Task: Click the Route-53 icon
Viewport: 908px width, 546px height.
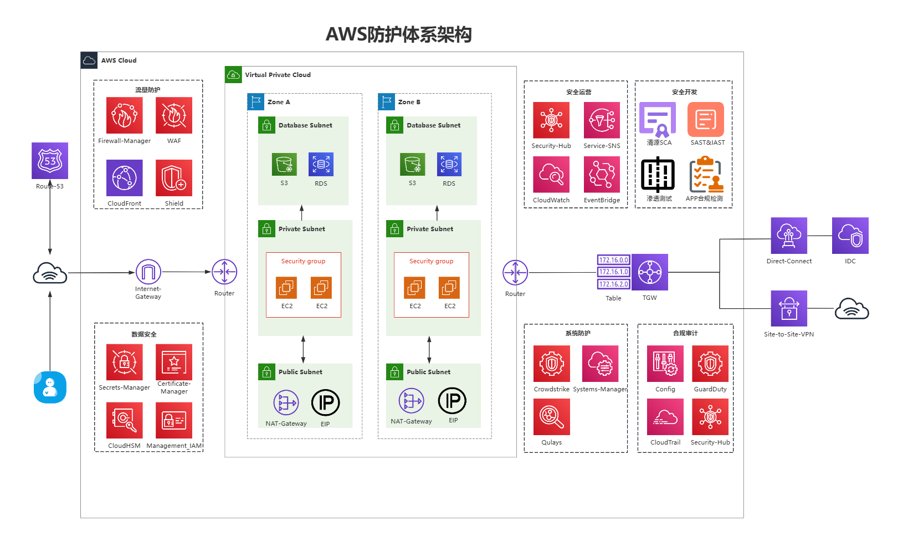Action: coord(50,161)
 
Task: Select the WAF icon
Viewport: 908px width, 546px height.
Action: coord(174,115)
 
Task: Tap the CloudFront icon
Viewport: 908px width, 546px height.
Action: coord(125,178)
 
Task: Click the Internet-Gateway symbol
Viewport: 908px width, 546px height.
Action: coord(148,272)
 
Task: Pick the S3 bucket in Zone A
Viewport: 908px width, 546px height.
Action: coord(284,164)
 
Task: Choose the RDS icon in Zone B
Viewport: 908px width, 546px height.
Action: coord(449,164)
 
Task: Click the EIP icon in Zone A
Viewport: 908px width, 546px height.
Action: coord(325,403)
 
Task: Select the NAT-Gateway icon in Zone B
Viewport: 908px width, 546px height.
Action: coord(412,401)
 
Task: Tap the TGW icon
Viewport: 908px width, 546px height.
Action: coord(650,272)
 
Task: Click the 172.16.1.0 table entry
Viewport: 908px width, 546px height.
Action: coord(613,272)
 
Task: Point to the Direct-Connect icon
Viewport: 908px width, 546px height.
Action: coord(789,236)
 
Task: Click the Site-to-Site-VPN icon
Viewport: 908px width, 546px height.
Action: coord(789,309)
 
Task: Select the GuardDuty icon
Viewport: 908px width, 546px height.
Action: coord(710,364)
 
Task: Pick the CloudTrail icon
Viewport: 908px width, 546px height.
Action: coord(665,417)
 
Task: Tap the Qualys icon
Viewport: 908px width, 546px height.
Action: coord(552,417)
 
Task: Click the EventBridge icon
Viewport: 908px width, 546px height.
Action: coord(602,175)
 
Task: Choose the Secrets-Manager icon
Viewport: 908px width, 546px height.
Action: coord(125,363)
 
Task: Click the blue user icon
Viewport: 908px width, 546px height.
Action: coord(50,387)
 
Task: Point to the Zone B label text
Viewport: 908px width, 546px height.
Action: coord(409,102)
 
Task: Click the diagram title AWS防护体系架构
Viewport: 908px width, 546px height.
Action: coord(398,34)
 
